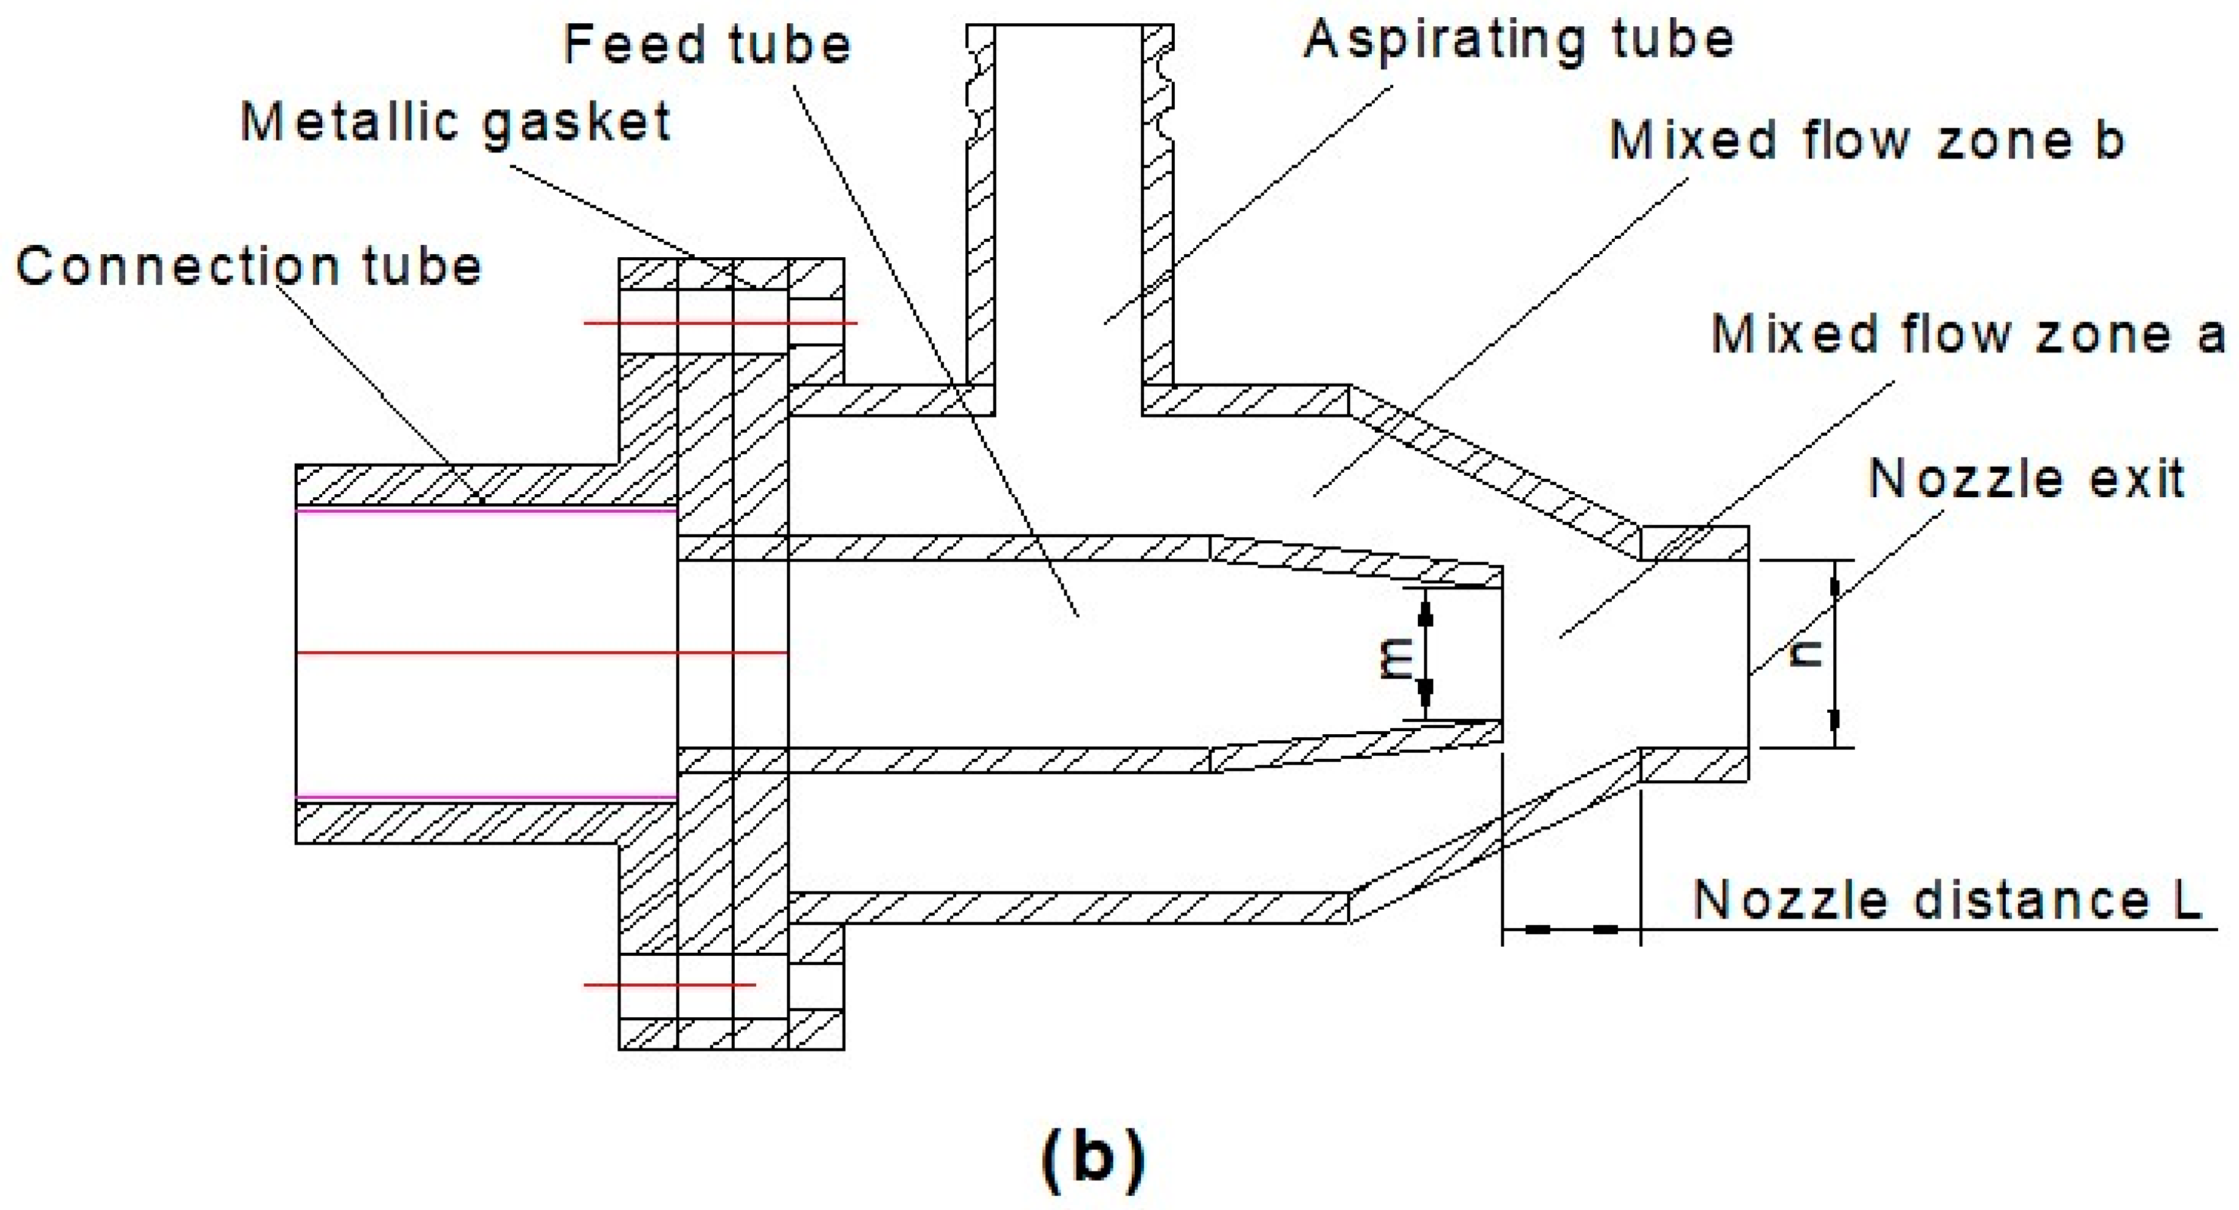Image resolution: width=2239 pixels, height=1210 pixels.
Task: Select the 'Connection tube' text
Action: [249, 266]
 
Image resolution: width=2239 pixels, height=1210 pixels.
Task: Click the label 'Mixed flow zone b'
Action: [1866, 141]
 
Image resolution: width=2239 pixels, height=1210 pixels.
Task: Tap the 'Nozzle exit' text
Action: [2026, 479]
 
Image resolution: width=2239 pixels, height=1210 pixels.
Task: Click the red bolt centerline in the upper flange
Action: [720, 322]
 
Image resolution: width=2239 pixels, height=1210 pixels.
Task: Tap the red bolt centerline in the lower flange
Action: [669, 985]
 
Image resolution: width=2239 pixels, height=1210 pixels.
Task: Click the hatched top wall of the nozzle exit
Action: [1694, 543]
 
